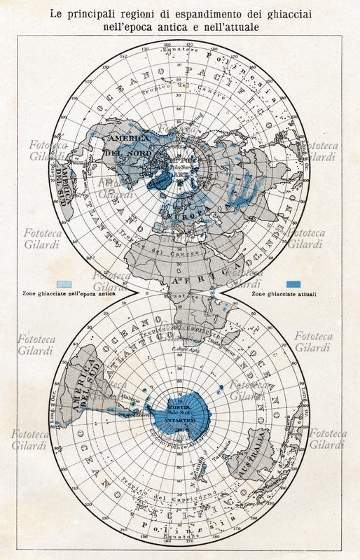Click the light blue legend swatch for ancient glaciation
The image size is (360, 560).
64,285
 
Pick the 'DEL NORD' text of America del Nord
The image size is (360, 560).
122,152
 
